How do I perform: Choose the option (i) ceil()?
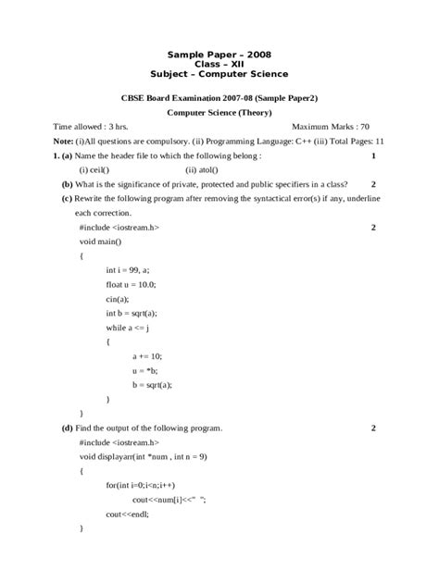coord(94,169)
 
